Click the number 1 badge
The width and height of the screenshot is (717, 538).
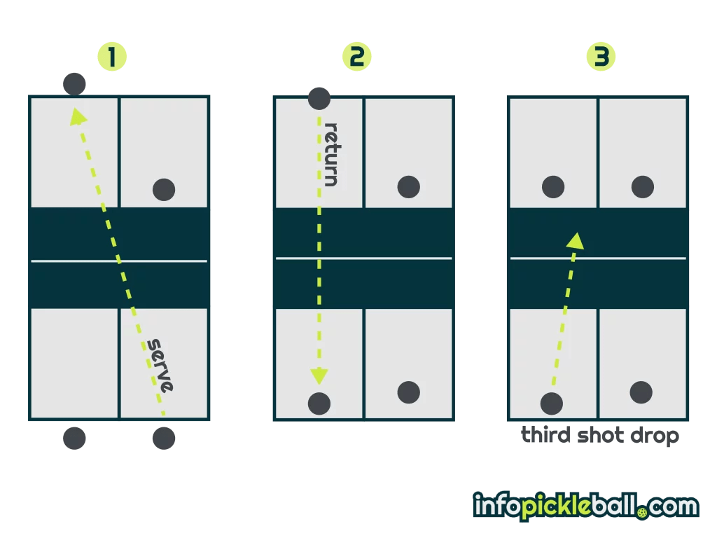pyautogui.click(x=112, y=57)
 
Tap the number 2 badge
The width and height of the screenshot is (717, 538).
pyautogui.click(x=356, y=57)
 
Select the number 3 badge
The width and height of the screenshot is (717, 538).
pyautogui.click(x=601, y=57)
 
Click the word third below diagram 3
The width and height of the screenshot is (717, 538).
pyautogui.click(x=546, y=436)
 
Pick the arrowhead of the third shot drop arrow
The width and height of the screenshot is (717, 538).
pyautogui.click(x=576, y=240)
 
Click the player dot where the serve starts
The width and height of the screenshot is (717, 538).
pyautogui.click(x=164, y=439)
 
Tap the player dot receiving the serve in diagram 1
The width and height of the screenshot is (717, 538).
pyautogui.click(x=74, y=84)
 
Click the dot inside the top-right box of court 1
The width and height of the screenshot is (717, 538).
pyautogui.click(x=164, y=188)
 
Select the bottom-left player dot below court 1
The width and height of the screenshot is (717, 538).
pyautogui.click(x=74, y=439)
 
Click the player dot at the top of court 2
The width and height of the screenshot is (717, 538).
pyautogui.click(x=319, y=99)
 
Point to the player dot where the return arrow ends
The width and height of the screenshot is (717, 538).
pyautogui.click(x=319, y=403)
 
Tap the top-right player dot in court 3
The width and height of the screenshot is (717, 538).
pyautogui.click(x=642, y=187)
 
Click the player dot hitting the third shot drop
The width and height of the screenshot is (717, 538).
pyautogui.click(x=552, y=403)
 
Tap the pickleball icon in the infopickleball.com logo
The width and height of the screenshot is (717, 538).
pyautogui.click(x=643, y=513)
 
